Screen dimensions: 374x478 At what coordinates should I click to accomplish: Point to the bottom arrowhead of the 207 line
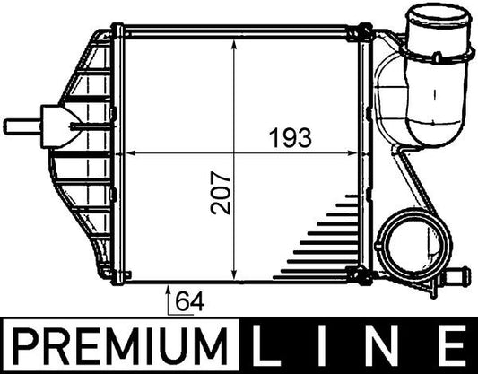click(234, 271)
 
